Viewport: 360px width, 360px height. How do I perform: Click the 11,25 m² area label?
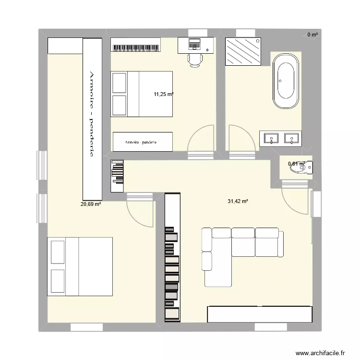click(163, 95)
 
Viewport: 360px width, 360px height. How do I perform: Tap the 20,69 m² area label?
click(91, 204)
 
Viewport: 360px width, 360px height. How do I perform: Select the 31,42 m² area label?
click(238, 201)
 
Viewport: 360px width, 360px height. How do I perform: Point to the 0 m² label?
click(312, 35)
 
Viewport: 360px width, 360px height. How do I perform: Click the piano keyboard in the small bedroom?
click(136, 48)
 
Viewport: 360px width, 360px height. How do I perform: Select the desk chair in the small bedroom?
click(195, 60)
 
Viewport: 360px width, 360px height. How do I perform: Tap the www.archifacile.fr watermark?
click(320, 352)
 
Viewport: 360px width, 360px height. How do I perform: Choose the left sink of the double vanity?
click(272, 139)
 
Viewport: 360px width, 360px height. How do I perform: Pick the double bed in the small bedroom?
click(142, 94)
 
